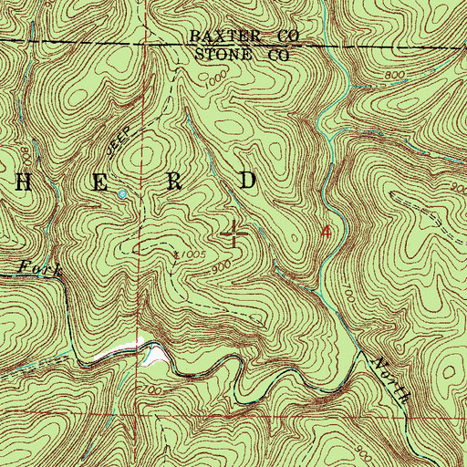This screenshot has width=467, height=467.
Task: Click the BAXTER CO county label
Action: [x=244, y=36]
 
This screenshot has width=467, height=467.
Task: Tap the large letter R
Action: [x=176, y=182]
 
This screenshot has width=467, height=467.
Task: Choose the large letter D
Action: [x=248, y=181]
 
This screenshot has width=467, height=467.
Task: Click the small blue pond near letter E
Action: [x=121, y=193]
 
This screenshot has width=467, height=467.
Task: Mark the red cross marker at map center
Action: [x=234, y=234]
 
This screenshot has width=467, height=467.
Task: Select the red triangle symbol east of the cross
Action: [x=327, y=233]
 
